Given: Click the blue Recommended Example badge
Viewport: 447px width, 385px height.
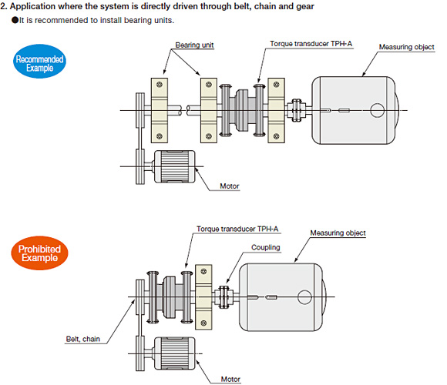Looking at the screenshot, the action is [39, 62].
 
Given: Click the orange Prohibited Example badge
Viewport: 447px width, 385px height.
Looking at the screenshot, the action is [39, 253].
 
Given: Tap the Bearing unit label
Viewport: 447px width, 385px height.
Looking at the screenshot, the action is [194, 45].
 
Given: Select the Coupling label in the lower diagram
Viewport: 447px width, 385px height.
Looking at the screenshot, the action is [265, 247].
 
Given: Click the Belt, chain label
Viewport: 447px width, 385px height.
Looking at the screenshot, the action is [83, 339].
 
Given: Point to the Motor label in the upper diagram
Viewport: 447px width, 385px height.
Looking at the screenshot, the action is [230, 186].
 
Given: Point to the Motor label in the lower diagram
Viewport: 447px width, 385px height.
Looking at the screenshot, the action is [230, 379].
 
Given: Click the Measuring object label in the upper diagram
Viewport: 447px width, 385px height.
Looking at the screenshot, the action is [406, 47].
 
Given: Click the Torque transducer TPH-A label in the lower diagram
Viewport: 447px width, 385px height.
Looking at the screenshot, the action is [237, 229].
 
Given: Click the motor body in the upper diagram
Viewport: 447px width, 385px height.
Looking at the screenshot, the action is [174, 166].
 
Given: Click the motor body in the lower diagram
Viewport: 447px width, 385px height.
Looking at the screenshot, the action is [174, 353].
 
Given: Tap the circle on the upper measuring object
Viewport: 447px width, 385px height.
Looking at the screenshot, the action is [377, 110].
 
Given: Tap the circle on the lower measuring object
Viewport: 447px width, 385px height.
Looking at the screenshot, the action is [304, 297].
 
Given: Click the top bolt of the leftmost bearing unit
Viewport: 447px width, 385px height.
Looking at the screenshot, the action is [160, 85].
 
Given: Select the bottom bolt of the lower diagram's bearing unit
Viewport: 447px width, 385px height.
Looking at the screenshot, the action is [203, 323].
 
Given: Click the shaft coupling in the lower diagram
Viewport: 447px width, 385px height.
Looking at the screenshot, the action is [224, 297].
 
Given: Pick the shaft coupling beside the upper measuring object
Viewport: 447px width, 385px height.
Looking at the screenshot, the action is [297, 110].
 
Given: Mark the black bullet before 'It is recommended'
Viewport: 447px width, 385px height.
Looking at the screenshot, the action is [15, 20].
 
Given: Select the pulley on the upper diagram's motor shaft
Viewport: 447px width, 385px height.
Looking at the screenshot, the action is [140, 166].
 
